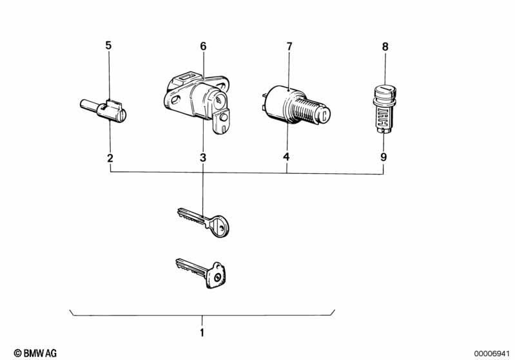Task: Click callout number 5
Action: tap(108, 45)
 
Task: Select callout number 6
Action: tap(203, 46)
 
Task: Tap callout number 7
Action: tap(289, 46)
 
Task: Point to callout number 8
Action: tap(385, 46)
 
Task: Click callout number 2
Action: tap(110, 158)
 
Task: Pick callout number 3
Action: tap(203, 158)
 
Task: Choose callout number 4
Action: tap(286, 157)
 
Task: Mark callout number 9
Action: tap(384, 157)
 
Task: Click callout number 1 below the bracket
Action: tap(202, 332)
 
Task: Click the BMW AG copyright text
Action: tap(35, 353)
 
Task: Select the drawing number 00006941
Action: tap(491, 354)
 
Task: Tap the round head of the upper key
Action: tap(220, 226)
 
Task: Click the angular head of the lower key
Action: tap(216, 276)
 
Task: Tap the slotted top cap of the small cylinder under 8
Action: tap(385, 90)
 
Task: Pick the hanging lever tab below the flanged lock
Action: tap(221, 121)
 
